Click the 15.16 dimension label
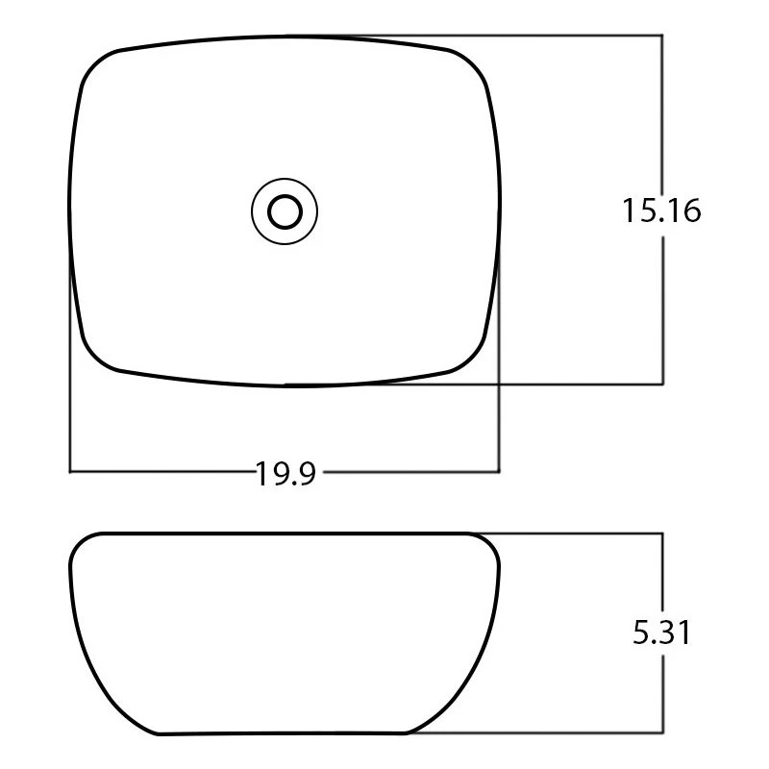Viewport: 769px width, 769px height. click(661, 210)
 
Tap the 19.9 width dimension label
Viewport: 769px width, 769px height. click(286, 473)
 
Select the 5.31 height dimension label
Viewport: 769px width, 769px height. click(661, 633)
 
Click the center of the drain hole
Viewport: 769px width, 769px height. click(285, 210)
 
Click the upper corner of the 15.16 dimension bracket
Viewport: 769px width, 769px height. click(662, 36)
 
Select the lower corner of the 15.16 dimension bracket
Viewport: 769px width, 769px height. click(662, 384)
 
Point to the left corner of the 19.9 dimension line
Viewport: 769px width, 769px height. click(70, 471)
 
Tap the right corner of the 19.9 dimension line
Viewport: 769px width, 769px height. click(500, 471)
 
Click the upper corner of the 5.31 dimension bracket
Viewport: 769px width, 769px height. click(662, 533)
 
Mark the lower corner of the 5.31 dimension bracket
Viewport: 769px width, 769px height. click(662, 733)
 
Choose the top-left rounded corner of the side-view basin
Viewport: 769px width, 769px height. click(81, 544)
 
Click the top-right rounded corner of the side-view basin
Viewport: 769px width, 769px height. click(490, 544)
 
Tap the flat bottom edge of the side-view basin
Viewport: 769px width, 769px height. click(285, 734)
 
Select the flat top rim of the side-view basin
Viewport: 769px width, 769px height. click(285, 533)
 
